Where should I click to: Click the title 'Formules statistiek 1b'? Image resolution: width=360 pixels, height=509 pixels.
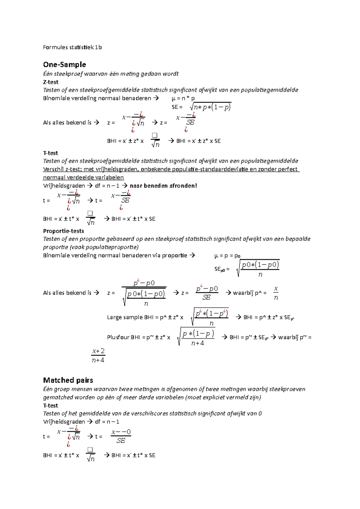coord(72,47)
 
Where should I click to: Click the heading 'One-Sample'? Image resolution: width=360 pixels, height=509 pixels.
coord(64,64)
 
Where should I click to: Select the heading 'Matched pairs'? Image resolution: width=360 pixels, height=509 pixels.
coord(68,380)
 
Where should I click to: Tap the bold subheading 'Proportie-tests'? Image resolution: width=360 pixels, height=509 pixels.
coord(63,231)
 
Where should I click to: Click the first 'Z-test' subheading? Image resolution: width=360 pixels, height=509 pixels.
coord(51,82)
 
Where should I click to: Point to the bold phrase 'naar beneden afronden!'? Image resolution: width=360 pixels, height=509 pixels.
coord(163,186)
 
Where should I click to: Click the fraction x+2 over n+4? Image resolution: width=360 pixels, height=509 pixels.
coord(98,356)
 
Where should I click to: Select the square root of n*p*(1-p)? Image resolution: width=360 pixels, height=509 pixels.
coord(211,107)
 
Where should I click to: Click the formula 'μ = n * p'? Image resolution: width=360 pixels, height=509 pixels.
coord(183,98)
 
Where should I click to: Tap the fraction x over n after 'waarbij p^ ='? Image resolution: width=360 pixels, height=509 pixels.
coord(276,293)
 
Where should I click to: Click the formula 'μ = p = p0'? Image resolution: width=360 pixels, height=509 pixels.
coord(227,256)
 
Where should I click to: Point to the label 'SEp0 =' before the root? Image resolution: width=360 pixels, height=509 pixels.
coord(222,269)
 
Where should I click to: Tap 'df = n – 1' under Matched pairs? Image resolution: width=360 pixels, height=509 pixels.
coord(107,422)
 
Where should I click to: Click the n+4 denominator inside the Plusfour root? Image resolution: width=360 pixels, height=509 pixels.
coord(197,343)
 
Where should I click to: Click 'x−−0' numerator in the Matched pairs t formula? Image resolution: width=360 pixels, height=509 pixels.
coord(121,432)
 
